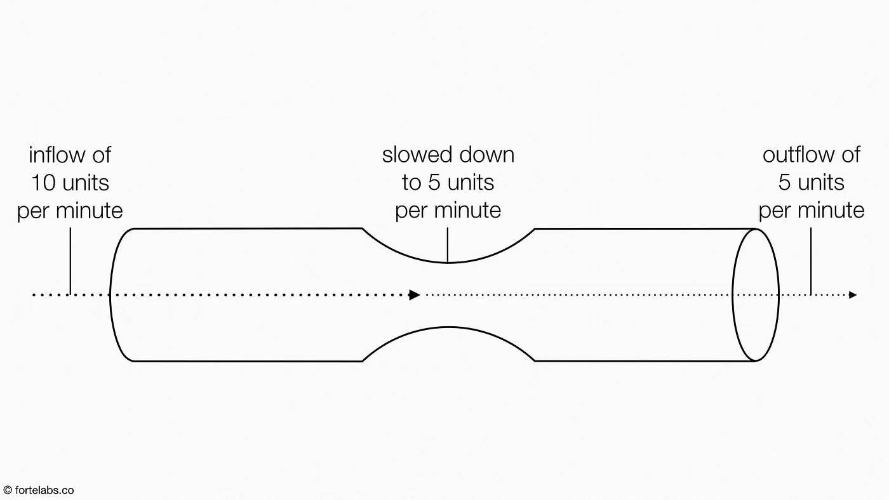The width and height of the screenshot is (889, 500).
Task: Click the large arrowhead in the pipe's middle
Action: click(415, 294)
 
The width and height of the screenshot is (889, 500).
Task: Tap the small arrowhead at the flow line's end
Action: click(853, 294)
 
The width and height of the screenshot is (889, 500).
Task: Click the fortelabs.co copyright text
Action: click(39, 490)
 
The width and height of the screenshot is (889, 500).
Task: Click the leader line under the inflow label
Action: click(70, 261)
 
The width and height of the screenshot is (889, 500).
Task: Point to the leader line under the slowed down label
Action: click(448, 245)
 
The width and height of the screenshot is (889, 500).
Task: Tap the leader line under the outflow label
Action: click(810, 261)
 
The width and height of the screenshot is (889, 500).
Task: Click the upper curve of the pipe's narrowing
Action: click(448, 262)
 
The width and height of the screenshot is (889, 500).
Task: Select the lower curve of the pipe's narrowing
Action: click(448, 327)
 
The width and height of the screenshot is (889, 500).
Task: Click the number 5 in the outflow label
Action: click(784, 182)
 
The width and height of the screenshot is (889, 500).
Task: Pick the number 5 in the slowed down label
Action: click(434, 182)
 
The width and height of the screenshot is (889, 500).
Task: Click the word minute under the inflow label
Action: click(90, 211)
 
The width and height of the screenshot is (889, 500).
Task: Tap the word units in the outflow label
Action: click(820, 182)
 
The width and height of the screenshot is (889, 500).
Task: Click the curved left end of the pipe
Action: click(110, 294)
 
